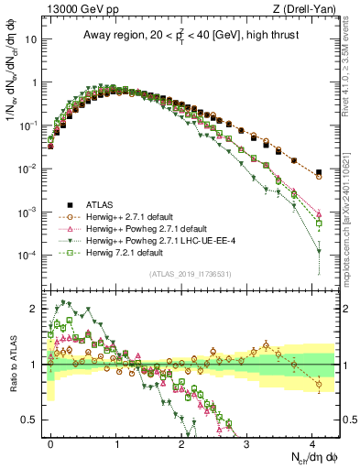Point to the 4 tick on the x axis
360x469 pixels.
[312, 442]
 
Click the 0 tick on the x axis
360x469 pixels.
[51, 442]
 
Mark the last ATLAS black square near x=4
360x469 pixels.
[319, 172]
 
